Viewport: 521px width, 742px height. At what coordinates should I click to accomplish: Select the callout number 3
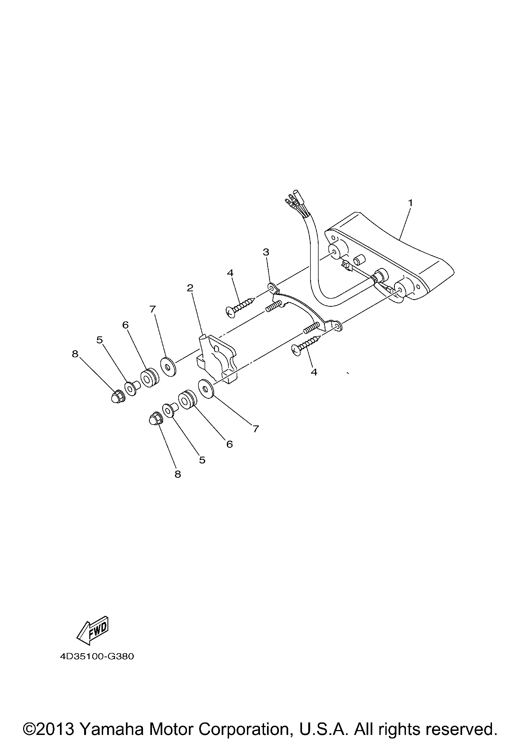[266, 252]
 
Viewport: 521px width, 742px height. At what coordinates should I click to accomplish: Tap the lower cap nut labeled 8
[155, 419]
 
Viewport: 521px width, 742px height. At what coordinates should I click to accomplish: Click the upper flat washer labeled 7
[168, 367]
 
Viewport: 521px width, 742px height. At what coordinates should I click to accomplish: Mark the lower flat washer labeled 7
[206, 389]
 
